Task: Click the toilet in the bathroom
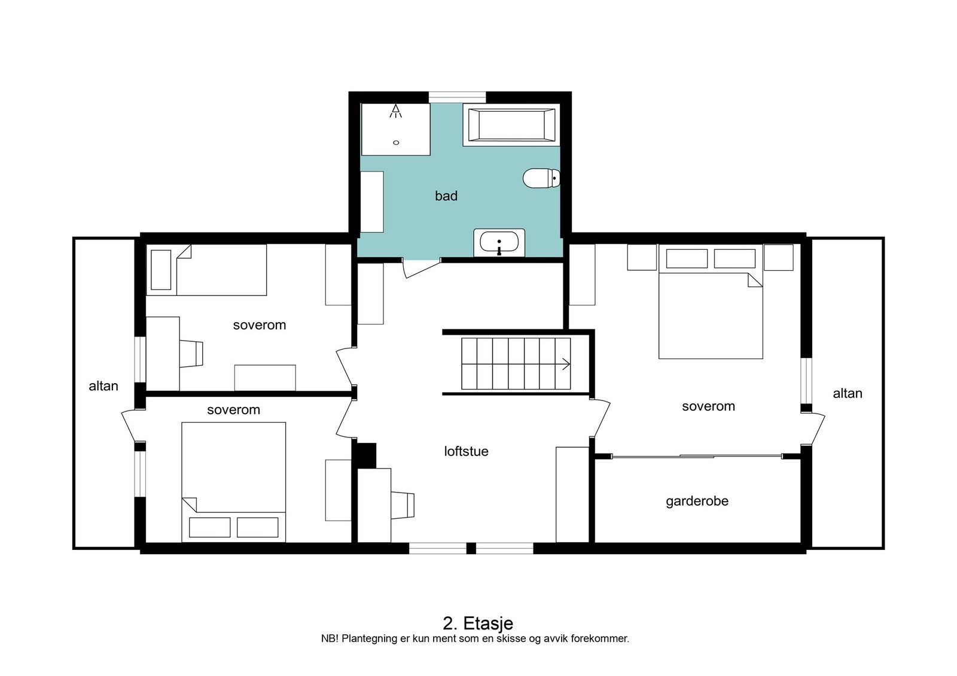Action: click(x=541, y=178)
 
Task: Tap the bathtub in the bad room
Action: click(x=511, y=125)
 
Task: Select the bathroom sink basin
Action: click(x=499, y=243)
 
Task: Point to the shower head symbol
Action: click(x=395, y=111)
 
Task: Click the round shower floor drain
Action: click(x=396, y=143)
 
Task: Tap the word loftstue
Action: click(x=466, y=451)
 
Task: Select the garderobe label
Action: click(x=697, y=501)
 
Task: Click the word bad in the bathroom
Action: click(x=446, y=196)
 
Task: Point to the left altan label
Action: click(x=103, y=386)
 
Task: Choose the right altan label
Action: click(x=848, y=393)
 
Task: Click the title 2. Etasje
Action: click(x=478, y=623)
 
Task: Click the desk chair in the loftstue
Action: click(x=403, y=506)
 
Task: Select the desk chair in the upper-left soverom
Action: click(x=191, y=354)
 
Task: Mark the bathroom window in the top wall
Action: click(x=457, y=97)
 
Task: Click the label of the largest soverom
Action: click(x=708, y=406)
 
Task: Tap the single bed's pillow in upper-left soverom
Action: click(x=161, y=270)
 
